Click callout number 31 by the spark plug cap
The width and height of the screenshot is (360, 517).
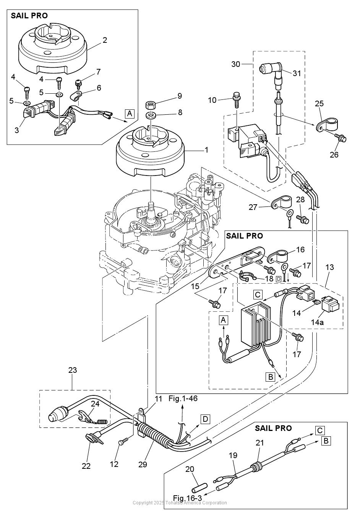click(297, 73)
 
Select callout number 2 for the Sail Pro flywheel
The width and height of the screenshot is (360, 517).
click(105, 40)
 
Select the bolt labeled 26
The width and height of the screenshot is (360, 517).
click(341, 138)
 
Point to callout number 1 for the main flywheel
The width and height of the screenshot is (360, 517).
click(206, 150)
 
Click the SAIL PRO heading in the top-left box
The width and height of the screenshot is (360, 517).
click(29, 16)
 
